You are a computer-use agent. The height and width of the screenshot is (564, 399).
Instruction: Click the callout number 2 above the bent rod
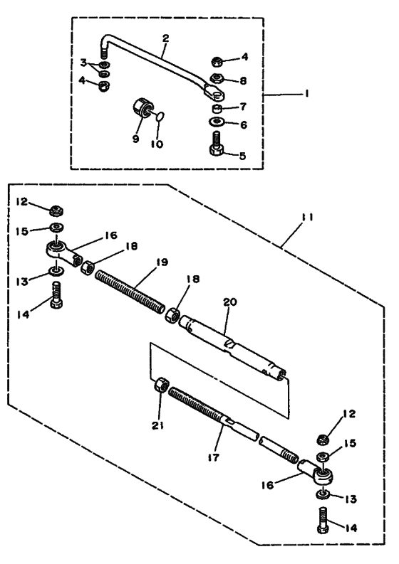165,38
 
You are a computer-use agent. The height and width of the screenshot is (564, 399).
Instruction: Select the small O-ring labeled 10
161,116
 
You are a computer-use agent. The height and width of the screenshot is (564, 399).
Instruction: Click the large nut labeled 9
142,107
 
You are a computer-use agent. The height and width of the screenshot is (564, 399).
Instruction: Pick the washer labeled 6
217,122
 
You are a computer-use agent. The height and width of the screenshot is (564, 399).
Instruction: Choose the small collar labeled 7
217,108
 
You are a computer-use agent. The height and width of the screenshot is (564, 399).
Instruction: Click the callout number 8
243,80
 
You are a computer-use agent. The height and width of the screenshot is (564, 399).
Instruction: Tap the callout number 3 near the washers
83,63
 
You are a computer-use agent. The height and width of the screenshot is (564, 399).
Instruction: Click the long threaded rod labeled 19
130,292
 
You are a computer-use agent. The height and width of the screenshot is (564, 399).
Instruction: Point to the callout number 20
230,302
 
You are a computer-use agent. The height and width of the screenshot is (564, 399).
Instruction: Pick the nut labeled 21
162,385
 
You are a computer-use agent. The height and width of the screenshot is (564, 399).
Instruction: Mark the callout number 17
213,457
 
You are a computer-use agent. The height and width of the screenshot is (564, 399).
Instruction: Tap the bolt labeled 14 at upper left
57,295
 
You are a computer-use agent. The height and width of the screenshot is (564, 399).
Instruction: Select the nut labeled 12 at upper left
56,210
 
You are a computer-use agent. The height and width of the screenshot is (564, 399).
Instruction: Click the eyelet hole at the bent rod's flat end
217,96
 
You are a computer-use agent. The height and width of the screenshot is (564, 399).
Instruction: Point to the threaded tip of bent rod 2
104,53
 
